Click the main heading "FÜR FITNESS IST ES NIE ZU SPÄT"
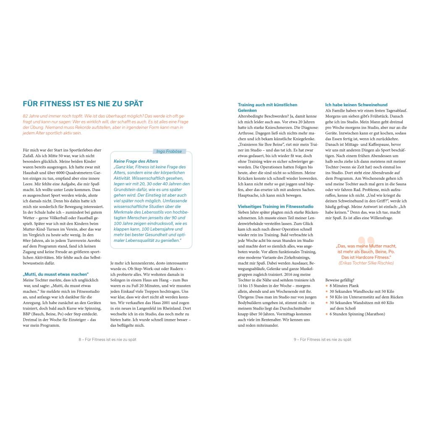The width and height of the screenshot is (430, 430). [x=83, y=104]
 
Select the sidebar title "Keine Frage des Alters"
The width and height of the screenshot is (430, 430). [x=136, y=161]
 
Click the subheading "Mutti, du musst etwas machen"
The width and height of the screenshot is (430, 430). [x=56, y=274]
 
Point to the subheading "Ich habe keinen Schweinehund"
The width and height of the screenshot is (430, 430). [x=356, y=105]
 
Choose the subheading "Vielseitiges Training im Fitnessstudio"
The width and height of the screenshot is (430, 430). [x=275, y=206]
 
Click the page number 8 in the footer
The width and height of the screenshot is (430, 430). [x=80, y=339]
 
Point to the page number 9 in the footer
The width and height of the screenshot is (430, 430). [x=295, y=339]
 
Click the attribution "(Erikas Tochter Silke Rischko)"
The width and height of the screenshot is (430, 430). [x=366, y=263]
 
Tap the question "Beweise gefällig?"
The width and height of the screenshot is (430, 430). [x=340, y=280]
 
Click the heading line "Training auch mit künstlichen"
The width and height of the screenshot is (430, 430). [x=267, y=105]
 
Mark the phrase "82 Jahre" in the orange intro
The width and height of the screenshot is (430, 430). [x=31, y=115]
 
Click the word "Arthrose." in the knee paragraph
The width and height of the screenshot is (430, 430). [x=246, y=133]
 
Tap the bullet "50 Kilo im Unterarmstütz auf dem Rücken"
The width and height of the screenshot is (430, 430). [x=366, y=297]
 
